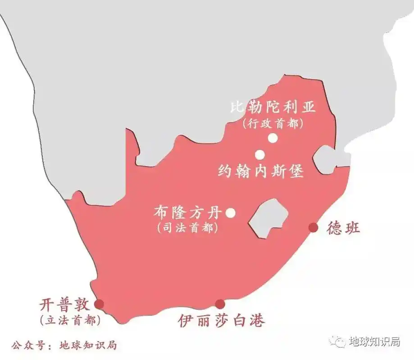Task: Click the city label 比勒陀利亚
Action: pos(273,108)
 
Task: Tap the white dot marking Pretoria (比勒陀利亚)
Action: pos(272,138)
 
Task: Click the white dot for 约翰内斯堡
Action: pos(260,155)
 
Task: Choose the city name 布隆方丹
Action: pos(189,212)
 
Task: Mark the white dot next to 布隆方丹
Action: pos(230,213)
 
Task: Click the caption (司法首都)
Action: pos(188,228)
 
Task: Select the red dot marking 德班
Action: pos(313,228)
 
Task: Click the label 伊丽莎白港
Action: pos(221,320)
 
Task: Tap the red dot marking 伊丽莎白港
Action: pos(219,304)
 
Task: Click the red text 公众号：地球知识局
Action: pos(64,345)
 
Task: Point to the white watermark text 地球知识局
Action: pos(375,342)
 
